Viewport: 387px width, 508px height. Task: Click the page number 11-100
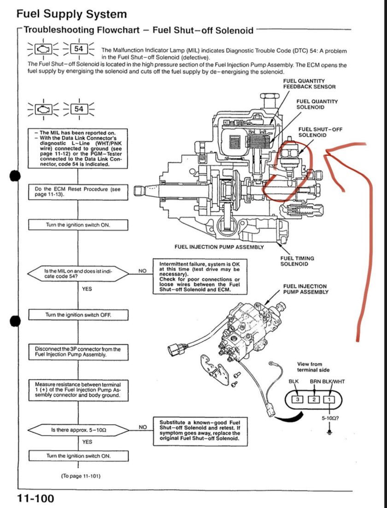point(35,498)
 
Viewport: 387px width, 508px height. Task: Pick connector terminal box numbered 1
point(329,399)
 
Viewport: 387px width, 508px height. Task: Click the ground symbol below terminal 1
point(329,432)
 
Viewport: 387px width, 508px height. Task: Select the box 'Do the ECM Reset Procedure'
point(77,192)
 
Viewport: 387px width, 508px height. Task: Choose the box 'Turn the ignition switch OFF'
point(77,315)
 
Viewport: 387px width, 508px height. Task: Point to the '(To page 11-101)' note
point(81,475)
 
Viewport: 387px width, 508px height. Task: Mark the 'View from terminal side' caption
point(313,367)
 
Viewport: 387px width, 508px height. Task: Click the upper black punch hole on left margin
point(16,175)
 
